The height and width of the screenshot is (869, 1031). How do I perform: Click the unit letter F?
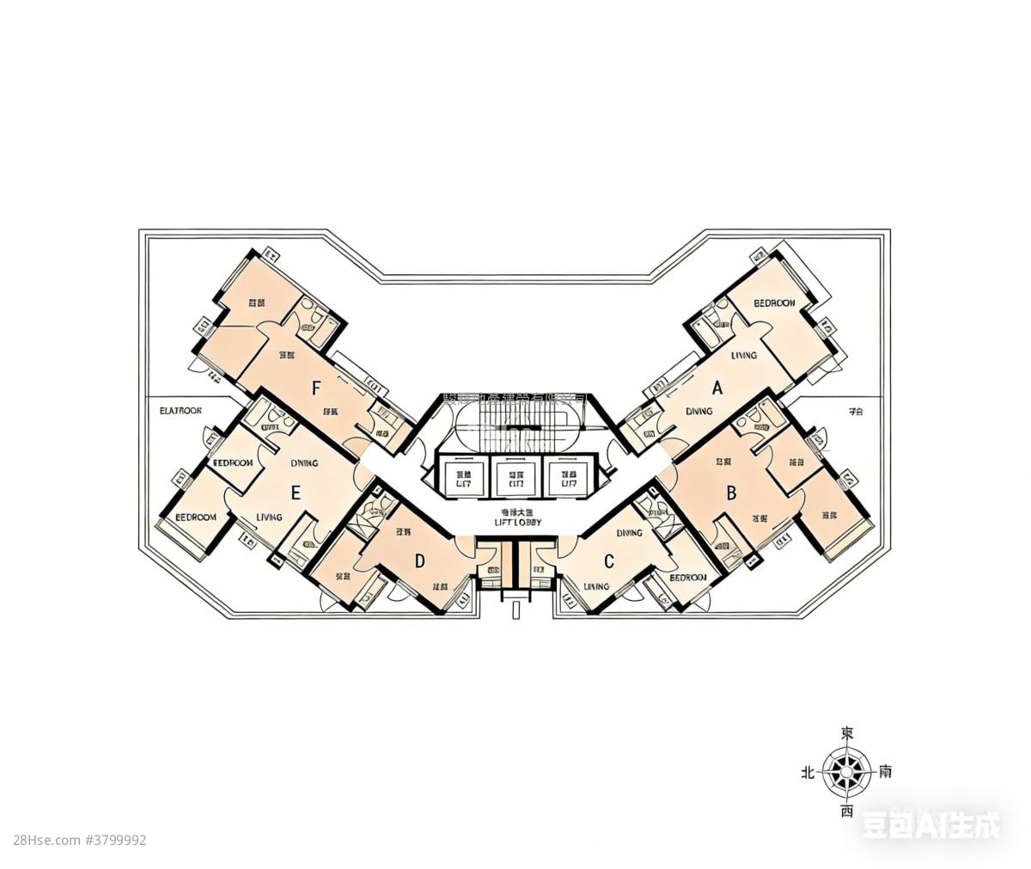click(x=316, y=389)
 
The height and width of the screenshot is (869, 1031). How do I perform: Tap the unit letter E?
click(x=296, y=493)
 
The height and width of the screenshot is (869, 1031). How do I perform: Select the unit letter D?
click(x=420, y=561)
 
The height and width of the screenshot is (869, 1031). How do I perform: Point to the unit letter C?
click(x=609, y=562)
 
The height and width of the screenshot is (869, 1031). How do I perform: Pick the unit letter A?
click(x=717, y=389)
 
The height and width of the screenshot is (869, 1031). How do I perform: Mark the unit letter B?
click(x=732, y=493)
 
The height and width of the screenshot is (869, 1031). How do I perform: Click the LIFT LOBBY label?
click(x=519, y=521)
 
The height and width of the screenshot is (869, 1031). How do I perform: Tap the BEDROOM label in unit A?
click(x=774, y=303)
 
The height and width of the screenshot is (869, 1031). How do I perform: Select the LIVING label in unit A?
click(x=744, y=355)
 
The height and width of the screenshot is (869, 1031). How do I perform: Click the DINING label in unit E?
click(x=304, y=462)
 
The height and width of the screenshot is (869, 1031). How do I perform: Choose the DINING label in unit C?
click(x=630, y=533)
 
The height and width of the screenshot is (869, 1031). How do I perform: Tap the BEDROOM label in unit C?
click(x=688, y=578)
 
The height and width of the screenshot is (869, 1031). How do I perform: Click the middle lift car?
click(x=516, y=478)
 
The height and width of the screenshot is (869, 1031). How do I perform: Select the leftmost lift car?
click(x=464, y=478)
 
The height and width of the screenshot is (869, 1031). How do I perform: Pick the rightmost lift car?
click(x=569, y=478)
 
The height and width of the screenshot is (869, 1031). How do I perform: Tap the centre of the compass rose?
click(x=846, y=771)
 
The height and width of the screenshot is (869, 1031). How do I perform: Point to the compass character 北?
click(x=808, y=773)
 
